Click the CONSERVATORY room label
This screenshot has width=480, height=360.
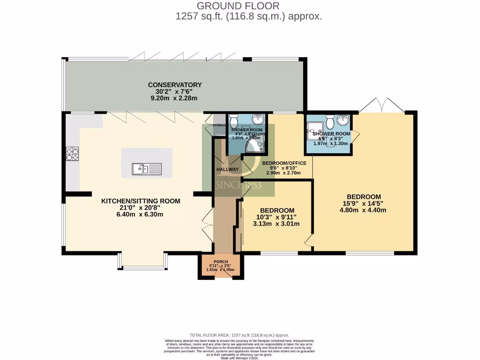(x=175, y=85)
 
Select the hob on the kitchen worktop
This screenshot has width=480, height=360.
(x=72, y=154)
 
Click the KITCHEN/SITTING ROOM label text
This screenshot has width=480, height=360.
(x=141, y=201)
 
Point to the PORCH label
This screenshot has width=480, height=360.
(x=220, y=262)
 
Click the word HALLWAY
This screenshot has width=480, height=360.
(x=227, y=169)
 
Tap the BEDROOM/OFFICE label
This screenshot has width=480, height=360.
(x=284, y=163)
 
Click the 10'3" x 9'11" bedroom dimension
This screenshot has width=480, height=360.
(x=277, y=217)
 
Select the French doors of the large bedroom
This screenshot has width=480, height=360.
(x=382, y=105)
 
